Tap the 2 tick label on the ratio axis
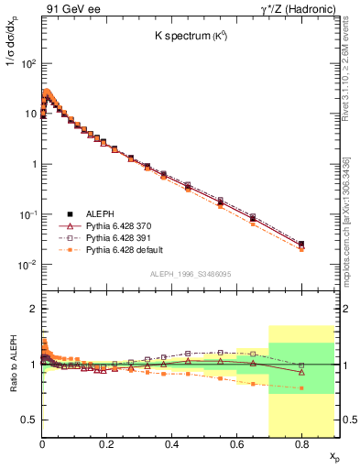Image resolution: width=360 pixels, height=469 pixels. [x=33, y=310]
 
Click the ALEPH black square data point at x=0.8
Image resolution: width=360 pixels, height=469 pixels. [x=302, y=244]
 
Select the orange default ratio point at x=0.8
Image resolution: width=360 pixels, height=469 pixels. [x=302, y=387]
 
